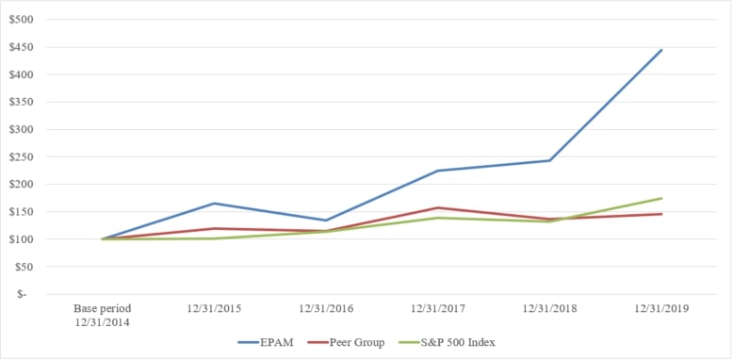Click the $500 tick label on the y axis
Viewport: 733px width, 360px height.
coord(20,20)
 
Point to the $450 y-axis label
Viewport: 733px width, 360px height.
coord(20,47)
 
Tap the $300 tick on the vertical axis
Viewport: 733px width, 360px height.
coord(20,129)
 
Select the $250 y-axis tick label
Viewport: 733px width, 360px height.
coord(20,156)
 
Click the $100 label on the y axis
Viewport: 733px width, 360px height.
coord(20,239)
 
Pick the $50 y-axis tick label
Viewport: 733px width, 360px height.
coord(23,267)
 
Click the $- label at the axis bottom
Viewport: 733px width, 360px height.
coord(25,294)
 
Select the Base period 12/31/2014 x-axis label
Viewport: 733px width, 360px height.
coord(102,316)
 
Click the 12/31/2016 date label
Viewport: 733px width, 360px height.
coord(325,308)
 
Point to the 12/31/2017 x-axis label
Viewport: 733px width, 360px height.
coord(437,308)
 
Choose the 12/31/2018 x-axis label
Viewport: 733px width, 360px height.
coord(549,308)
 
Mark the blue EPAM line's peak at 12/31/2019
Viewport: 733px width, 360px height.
coord(661,50)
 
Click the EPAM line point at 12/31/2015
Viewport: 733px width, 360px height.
coord(214,204)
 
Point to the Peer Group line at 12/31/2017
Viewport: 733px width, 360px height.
coord(438,207)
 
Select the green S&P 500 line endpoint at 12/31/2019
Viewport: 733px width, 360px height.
coord(661,198)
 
